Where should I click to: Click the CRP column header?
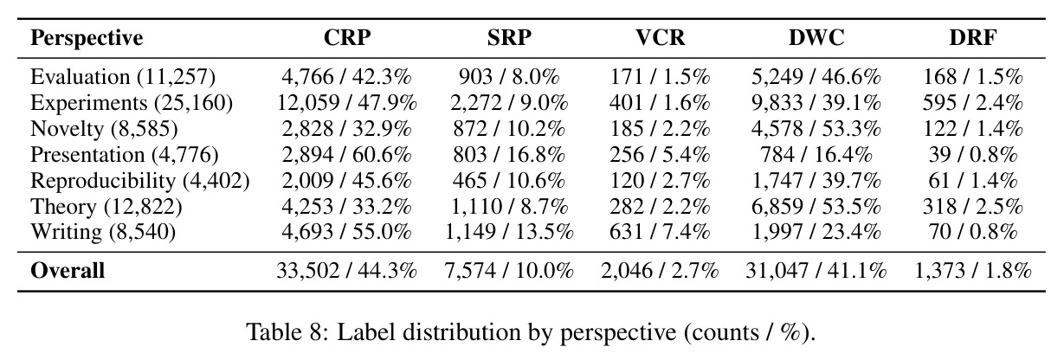347,37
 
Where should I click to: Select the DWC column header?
816,37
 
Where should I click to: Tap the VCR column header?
661,37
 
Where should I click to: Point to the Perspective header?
87,38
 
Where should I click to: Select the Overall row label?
68,270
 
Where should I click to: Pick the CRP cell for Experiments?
347,103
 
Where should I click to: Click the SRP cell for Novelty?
509,129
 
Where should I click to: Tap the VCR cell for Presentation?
661,154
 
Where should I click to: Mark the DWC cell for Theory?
816,207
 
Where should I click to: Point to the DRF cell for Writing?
973,232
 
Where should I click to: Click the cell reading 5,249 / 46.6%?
816,77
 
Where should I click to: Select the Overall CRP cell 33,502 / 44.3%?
347,271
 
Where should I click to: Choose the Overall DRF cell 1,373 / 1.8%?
973,271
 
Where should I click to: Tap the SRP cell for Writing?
509,232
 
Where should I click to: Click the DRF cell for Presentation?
973,154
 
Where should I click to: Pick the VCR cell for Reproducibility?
661,181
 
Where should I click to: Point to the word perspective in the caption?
618,332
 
